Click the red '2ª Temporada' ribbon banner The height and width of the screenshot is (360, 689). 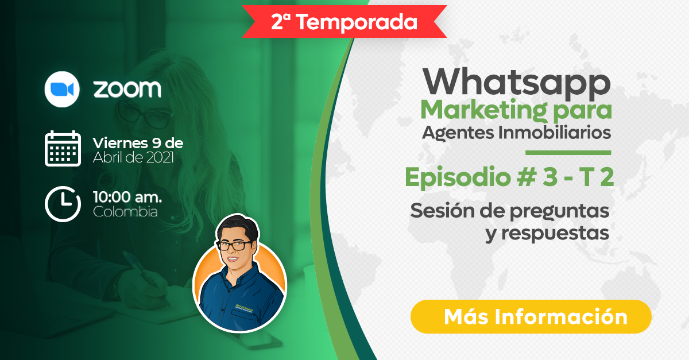pyautogui.click(x=344, y=22)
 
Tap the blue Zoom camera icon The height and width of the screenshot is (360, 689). pyautogui.click(x=62, y=89)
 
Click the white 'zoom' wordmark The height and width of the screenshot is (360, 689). pyautogui.click(x=127, y=89)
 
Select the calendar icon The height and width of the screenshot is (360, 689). pyautogui.click(x=63, y=148)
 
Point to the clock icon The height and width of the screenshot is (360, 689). pyautogui.click(x=63, y=204)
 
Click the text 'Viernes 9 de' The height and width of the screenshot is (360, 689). pyautogui.click(x=138, y=143)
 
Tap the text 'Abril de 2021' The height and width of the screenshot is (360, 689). pyautogui.click(x=133, y=157)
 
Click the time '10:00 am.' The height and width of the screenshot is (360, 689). pyautogui.click(x=127, y=197)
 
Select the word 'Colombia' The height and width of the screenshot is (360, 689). pyautogui.click(x=125, y=212)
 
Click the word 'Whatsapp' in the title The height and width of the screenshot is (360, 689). pyautogui.click(x=516, y=83)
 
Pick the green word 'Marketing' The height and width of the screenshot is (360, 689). pyautogui.click(x=484, y=110)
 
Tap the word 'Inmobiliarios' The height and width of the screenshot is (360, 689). pyautogui.click(x=555, y=133)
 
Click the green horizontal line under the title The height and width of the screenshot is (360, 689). pyautogui.click(x=568, y=153)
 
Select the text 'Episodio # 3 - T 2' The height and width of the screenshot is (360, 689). pyautogui.click(x=509, y=177)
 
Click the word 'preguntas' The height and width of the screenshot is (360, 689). pyautogui.click(x=559, y=212)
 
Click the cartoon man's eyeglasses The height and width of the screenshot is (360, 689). pyautogui.click(x=235, y=245)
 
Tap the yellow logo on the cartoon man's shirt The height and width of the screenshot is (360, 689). pyautogui.click(x=244, y=307)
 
